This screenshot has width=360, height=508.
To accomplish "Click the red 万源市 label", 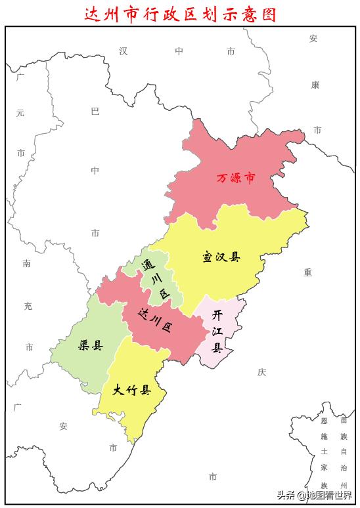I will tap(235, 178).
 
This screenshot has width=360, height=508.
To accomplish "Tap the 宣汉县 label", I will tap(221, 257).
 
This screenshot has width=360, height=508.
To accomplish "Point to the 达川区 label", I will tap(156, 321).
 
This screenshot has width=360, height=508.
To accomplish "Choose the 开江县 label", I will tap(217, 331).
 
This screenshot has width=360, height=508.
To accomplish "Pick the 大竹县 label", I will tap(131, 391).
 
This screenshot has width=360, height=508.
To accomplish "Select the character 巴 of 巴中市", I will tap(95, 112).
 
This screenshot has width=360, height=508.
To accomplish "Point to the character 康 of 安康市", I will tap(315, 85).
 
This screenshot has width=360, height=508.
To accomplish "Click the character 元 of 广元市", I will tap(20, 113).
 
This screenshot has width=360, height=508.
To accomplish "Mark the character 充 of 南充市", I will tap(28, 305).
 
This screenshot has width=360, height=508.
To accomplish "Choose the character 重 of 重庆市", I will tap(307, 272).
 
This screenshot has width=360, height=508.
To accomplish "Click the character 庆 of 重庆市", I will tap(261, 372).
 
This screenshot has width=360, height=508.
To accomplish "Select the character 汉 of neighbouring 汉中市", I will tap(123, 51).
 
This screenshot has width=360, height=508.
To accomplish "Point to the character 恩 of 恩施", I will tap(324, 421).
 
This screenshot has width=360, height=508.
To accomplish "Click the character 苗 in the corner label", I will tap(343, 421).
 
